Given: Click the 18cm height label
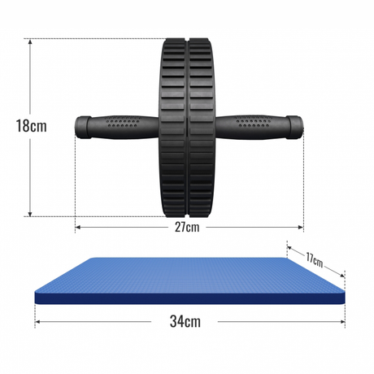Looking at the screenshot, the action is point(32,126).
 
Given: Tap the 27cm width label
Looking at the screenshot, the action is point(187,227).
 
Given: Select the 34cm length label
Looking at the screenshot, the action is point(185,321).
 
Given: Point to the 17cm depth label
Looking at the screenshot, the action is point(315,260).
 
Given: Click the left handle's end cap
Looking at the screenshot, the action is point(83,128).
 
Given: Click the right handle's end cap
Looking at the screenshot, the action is point(294,128).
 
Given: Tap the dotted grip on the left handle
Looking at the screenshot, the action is point(123,122).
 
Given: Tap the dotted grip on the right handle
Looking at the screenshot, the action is point(253,122).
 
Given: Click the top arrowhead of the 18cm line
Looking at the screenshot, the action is point(30,41).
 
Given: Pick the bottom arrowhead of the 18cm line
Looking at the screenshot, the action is point(30,214).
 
